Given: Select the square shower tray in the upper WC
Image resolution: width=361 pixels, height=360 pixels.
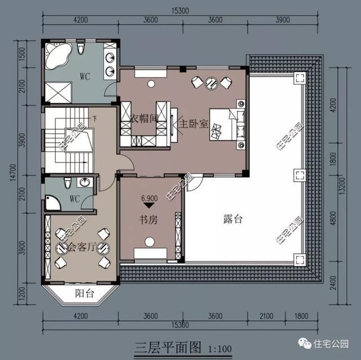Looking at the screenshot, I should pyautogui.click(x=57, y=90).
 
